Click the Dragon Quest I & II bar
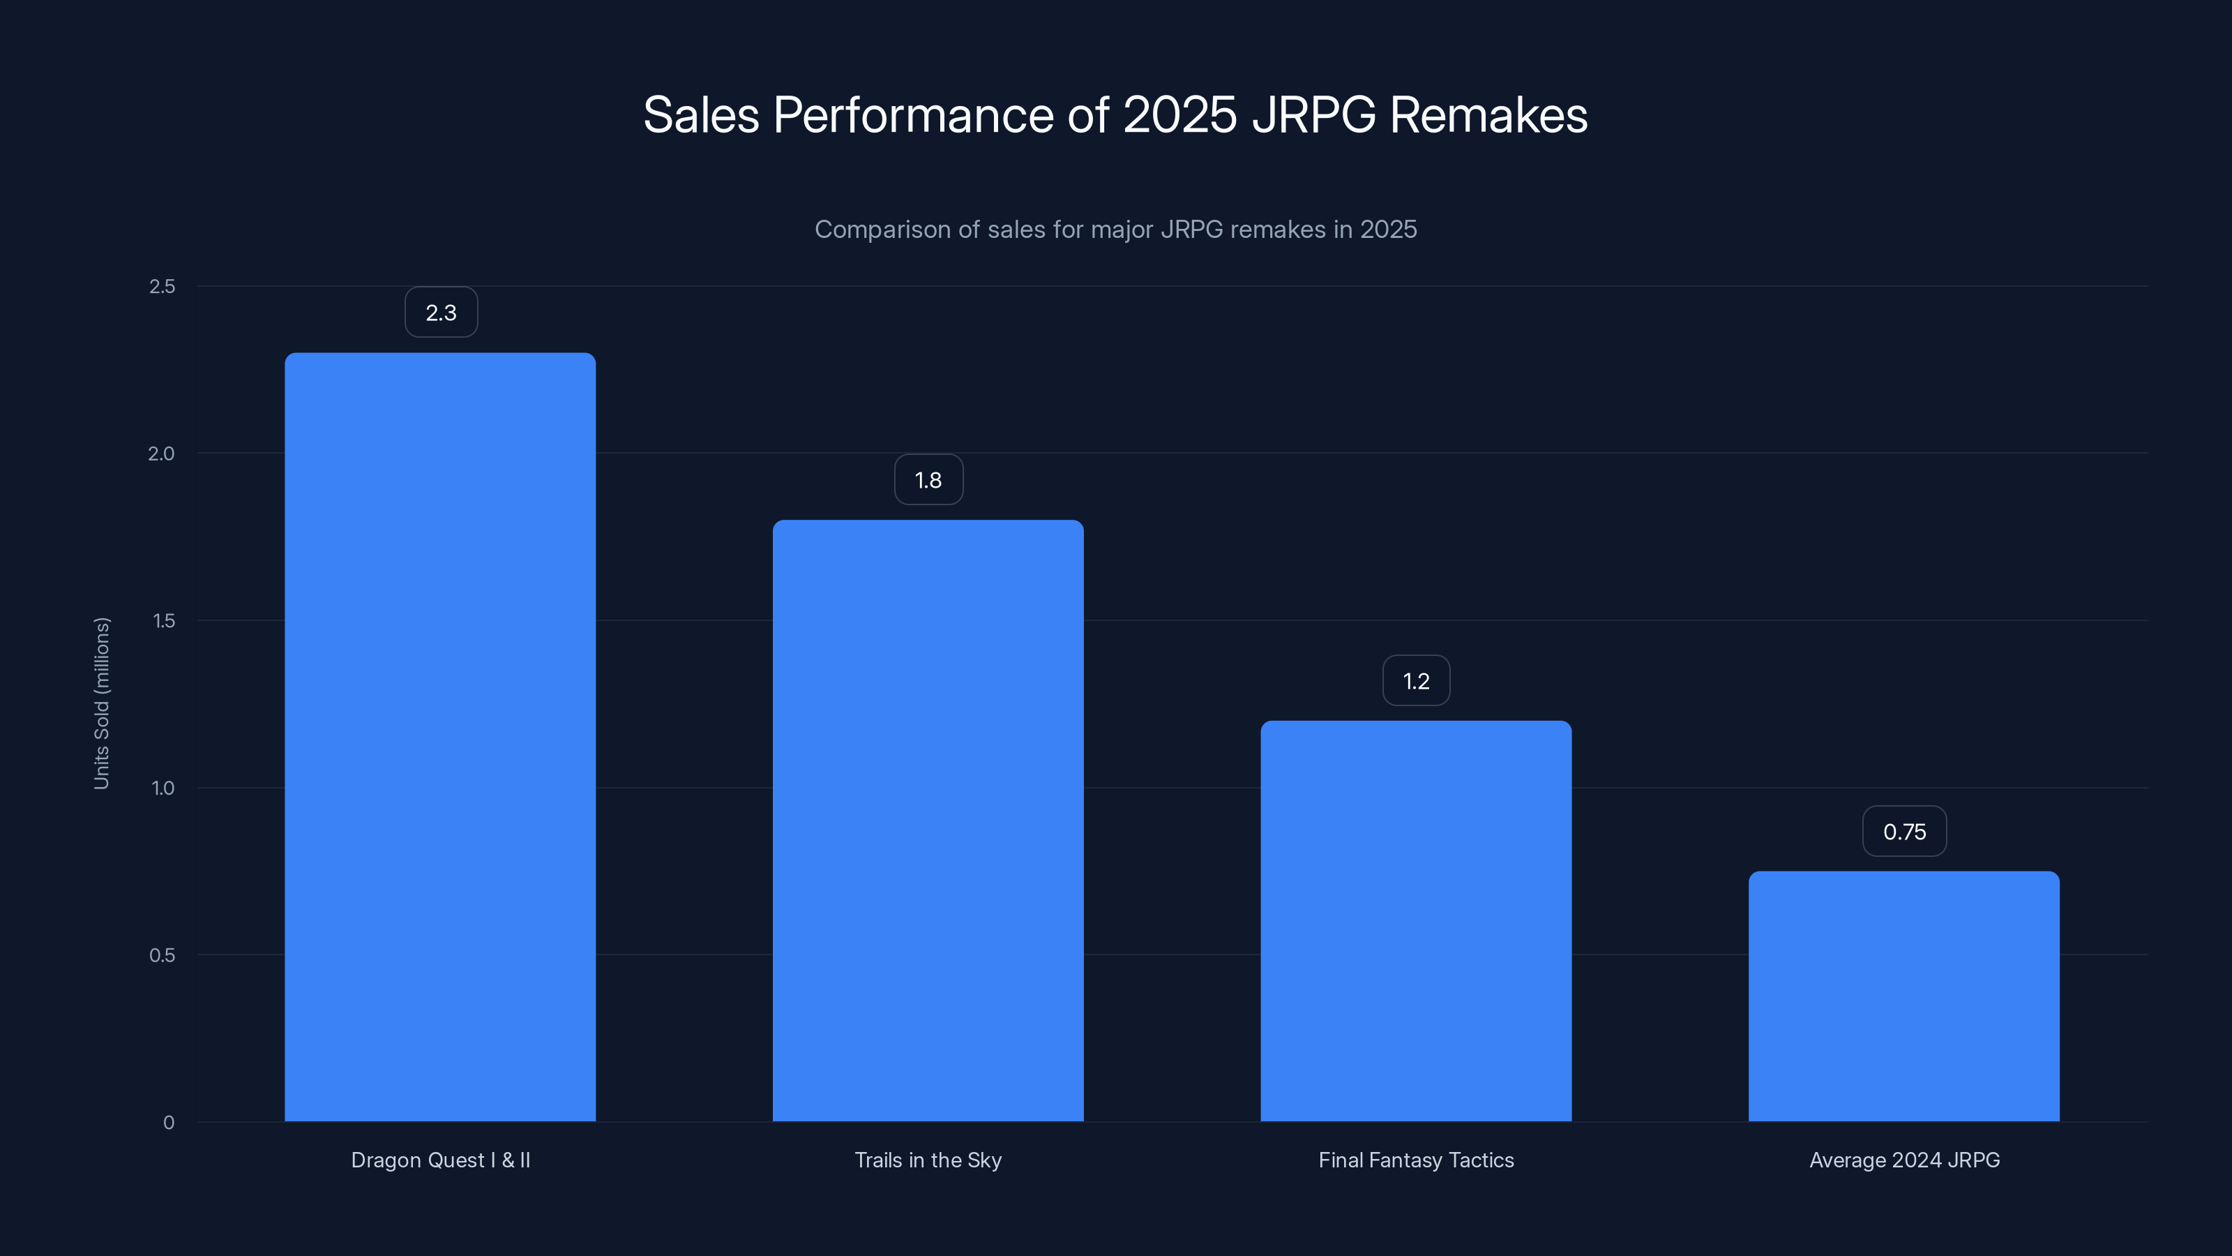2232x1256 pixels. (440, 737)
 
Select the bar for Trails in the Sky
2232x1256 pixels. (928, 820)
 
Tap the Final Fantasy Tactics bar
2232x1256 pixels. (1416, 920)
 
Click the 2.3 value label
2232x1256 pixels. (441, 312)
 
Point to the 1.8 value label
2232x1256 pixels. (928, 479)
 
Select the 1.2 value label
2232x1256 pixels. (1416, 680)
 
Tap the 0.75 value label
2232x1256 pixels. (1903, 831)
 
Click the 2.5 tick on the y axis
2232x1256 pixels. (162, 286)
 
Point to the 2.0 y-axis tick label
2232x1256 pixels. (161, 454)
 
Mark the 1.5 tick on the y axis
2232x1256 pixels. (163, 620)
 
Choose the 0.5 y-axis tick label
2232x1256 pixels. (162, 955)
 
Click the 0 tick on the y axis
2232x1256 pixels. (169, 1123)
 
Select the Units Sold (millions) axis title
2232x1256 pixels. (101, 703)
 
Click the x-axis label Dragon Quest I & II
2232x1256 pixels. (440, 1160)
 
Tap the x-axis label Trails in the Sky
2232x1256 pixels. (928, 1160)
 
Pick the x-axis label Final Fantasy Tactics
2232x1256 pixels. (1416, 1160)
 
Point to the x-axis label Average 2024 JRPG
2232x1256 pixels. (1903, 1160)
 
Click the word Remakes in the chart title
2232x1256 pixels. (1488, 115)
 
